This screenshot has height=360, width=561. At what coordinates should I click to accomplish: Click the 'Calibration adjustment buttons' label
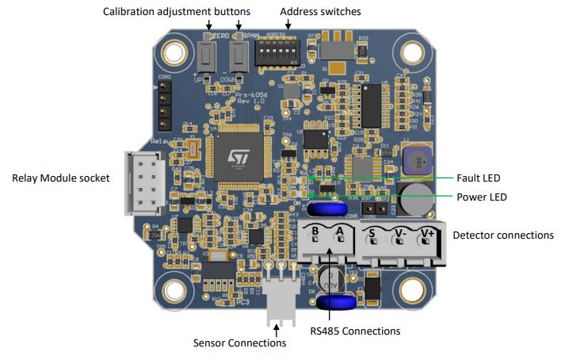(177, 12)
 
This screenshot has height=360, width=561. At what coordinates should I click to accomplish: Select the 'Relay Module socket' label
(61, 178)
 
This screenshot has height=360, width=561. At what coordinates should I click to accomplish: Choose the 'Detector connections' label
(502, 236)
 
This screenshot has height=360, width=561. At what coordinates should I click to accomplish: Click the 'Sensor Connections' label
(239, 343)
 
